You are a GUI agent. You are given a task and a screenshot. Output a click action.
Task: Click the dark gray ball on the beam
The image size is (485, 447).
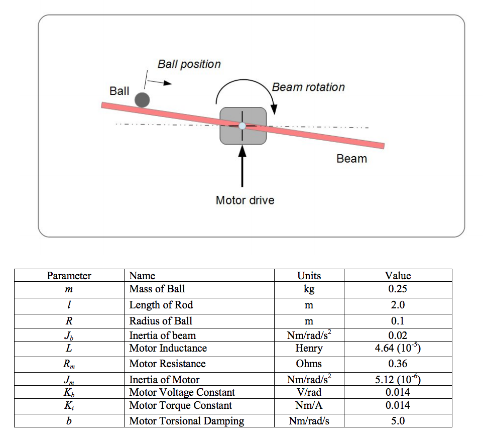click(x=142, y=99)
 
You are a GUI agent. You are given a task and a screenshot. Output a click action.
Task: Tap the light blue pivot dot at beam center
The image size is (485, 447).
click(x=242, y=126)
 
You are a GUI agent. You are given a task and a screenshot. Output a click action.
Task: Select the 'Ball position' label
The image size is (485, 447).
click(x=189, y=64)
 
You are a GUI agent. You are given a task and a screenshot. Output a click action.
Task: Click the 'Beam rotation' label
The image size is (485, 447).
click(x=308, y=87)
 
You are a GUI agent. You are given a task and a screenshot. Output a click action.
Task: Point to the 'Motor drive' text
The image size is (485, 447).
click(x=245, y=200)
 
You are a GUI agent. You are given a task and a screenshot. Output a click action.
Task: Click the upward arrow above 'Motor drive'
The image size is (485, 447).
click(x=243, y=166)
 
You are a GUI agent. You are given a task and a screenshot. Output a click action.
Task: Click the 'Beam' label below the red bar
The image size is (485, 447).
click(x=351, y=159)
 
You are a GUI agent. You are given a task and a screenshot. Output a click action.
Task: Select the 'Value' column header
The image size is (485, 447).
click(x=398, y=275)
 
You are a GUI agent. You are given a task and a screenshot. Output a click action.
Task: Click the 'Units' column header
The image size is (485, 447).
click(x=309, y=275)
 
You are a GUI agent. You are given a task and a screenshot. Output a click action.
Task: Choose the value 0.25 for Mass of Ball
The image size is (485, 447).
click(x=398, y=289)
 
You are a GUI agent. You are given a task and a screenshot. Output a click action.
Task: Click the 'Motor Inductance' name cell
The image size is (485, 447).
click(x=168, y=348)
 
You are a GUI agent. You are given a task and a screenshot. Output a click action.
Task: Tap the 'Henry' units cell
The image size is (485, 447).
click(x=309, y=348)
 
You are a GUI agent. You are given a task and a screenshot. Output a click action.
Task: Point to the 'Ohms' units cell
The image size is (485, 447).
click(x=309, y=364)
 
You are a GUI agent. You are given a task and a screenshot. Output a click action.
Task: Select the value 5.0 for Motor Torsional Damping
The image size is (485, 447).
click(x=398, y=421)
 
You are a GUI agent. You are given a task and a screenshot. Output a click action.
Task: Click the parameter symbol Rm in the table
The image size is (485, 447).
click(x=69, y=364)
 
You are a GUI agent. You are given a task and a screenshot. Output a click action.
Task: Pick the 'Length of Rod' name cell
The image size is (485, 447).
click(x=161, y=305)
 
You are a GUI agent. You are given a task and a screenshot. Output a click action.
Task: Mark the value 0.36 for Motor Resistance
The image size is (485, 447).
click(x=398, y=364)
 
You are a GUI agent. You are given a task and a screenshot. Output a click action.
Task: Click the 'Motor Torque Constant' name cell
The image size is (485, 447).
click(x=180, y=405)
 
